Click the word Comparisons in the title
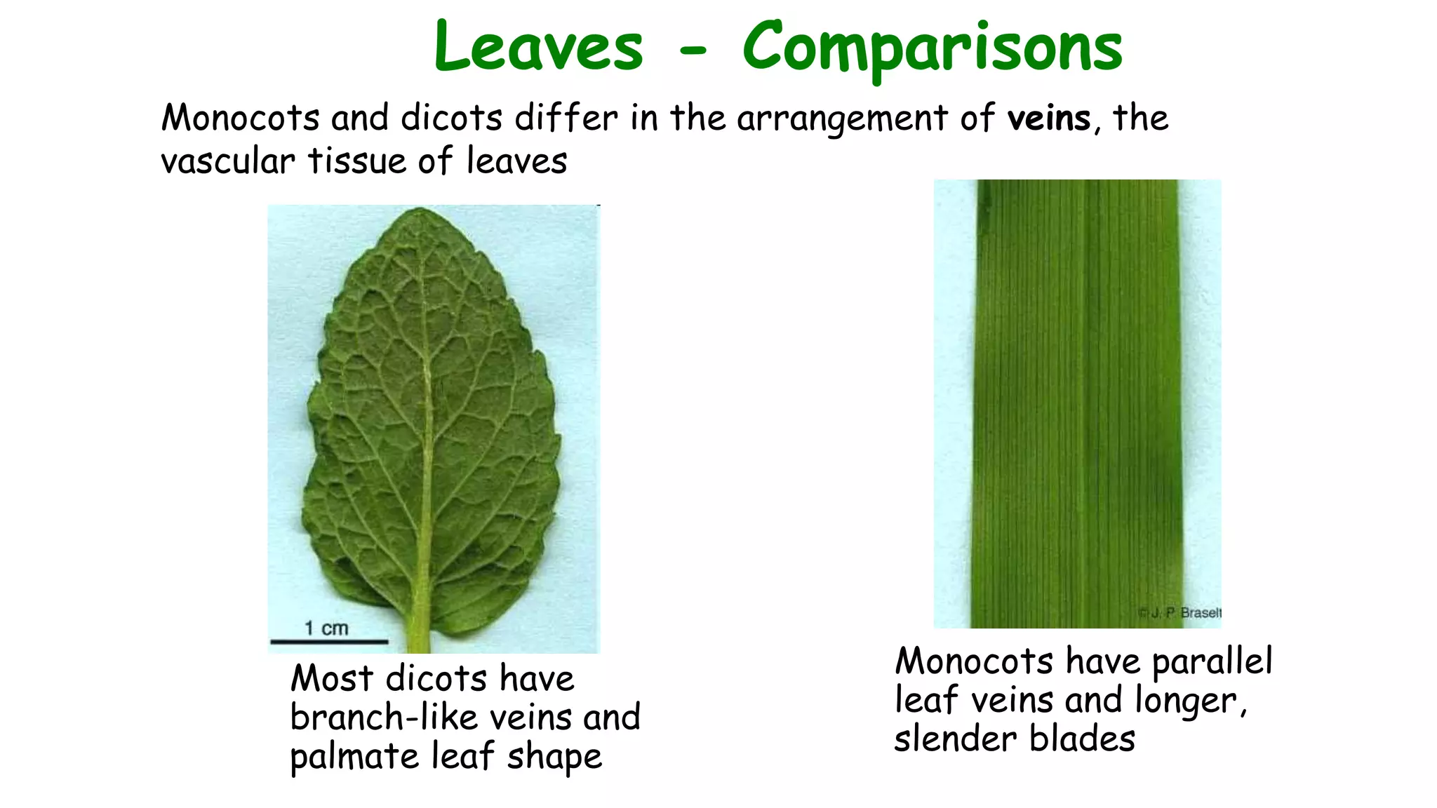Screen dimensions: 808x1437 click(x=933, y=48)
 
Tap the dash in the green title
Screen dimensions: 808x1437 click(x=693, y=49)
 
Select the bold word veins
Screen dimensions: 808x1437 click(x=1049, y=118)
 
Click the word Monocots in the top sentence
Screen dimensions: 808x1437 click(x=240, y=118)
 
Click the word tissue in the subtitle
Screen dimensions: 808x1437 click(x=356, y=161)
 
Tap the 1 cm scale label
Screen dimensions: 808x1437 click(x=326, y=628)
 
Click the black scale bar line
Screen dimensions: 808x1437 click(x=329, y=641)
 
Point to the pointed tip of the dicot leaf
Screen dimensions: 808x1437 click(x=420, y=210)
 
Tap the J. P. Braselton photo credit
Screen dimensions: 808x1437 click(x=1181, y=612)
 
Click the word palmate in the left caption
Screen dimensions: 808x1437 click(x=354, y=757)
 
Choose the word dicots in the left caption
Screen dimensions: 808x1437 click(x=436, y=678)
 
